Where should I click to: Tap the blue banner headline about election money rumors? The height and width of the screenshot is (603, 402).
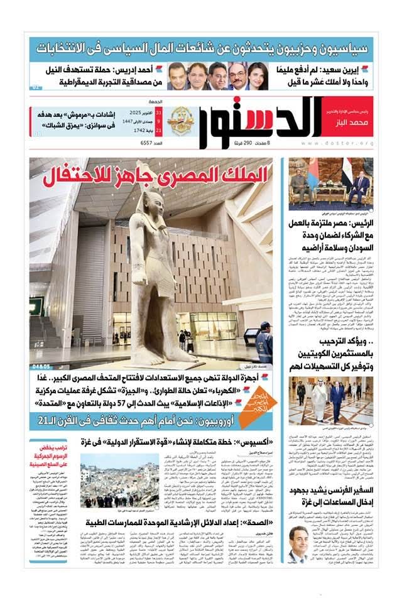click(201, 48)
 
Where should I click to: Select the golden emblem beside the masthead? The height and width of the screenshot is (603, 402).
click(180, 121)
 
